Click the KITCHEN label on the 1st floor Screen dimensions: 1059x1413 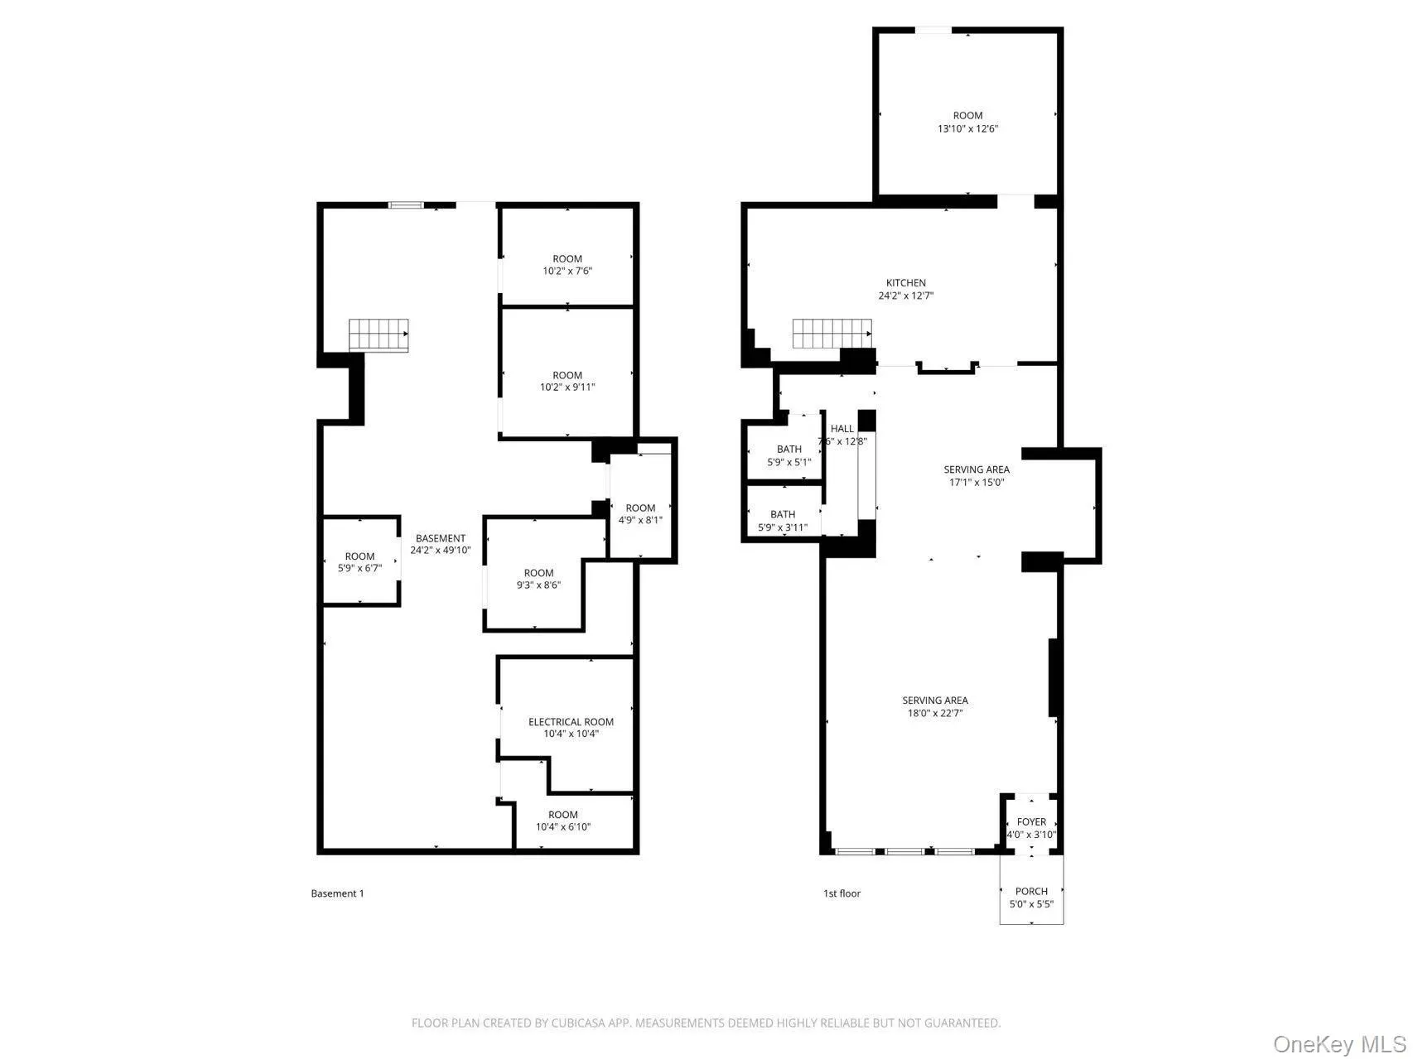point(905,283)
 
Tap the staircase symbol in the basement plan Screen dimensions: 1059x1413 point(379,335)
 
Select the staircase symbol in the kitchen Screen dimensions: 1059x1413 point(832,334)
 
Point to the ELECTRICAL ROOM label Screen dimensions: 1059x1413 point(571,722)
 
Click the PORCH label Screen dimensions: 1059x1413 point(1031,892)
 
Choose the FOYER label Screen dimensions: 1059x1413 point(1031,822)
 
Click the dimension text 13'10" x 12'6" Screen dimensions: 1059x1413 point(967,129)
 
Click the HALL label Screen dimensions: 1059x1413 point(842,429)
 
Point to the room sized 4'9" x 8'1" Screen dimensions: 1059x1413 point(640,514)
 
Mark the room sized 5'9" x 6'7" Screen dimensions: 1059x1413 point(359,562)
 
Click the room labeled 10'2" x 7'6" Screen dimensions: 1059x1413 point(567,265)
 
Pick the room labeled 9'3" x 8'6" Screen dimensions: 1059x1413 point(538,579)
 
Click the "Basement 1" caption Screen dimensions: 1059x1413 point(337,893)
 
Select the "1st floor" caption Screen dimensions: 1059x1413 point(842,893)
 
